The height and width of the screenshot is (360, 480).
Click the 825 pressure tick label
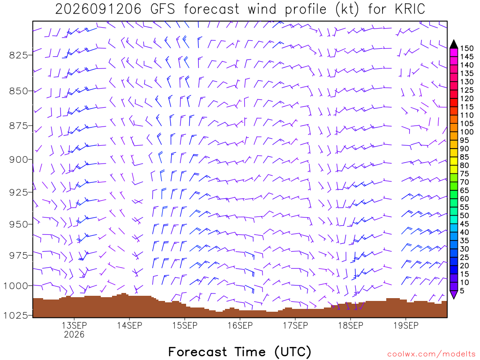[18, 55]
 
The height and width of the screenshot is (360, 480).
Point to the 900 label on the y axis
[18, 159]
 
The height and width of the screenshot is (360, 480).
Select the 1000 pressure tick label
[15, 286]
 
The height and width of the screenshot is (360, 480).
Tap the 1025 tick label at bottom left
[15, 315]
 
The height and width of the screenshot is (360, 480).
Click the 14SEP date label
[129, 325]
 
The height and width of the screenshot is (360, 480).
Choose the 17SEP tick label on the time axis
[295, 325]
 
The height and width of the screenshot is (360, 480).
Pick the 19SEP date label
[406, 325]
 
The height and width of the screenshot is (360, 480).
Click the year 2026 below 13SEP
[74, 334]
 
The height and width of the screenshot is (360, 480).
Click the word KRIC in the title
[410, 9]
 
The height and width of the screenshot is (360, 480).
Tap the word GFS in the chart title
[163, 9]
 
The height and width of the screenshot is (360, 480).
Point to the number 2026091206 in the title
[98, 9]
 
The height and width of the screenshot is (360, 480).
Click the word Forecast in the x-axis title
[198, 352]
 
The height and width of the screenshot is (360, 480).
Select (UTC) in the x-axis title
[293, 352]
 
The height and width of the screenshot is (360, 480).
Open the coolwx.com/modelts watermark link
[431, 354]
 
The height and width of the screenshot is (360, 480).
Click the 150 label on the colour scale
[467, 48]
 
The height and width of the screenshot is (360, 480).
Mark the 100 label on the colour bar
[467, 132]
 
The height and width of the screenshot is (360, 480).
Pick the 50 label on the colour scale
[465, 216]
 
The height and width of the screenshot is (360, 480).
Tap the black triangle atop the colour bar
[454, 45]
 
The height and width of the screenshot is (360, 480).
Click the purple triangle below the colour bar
[454, 294]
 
